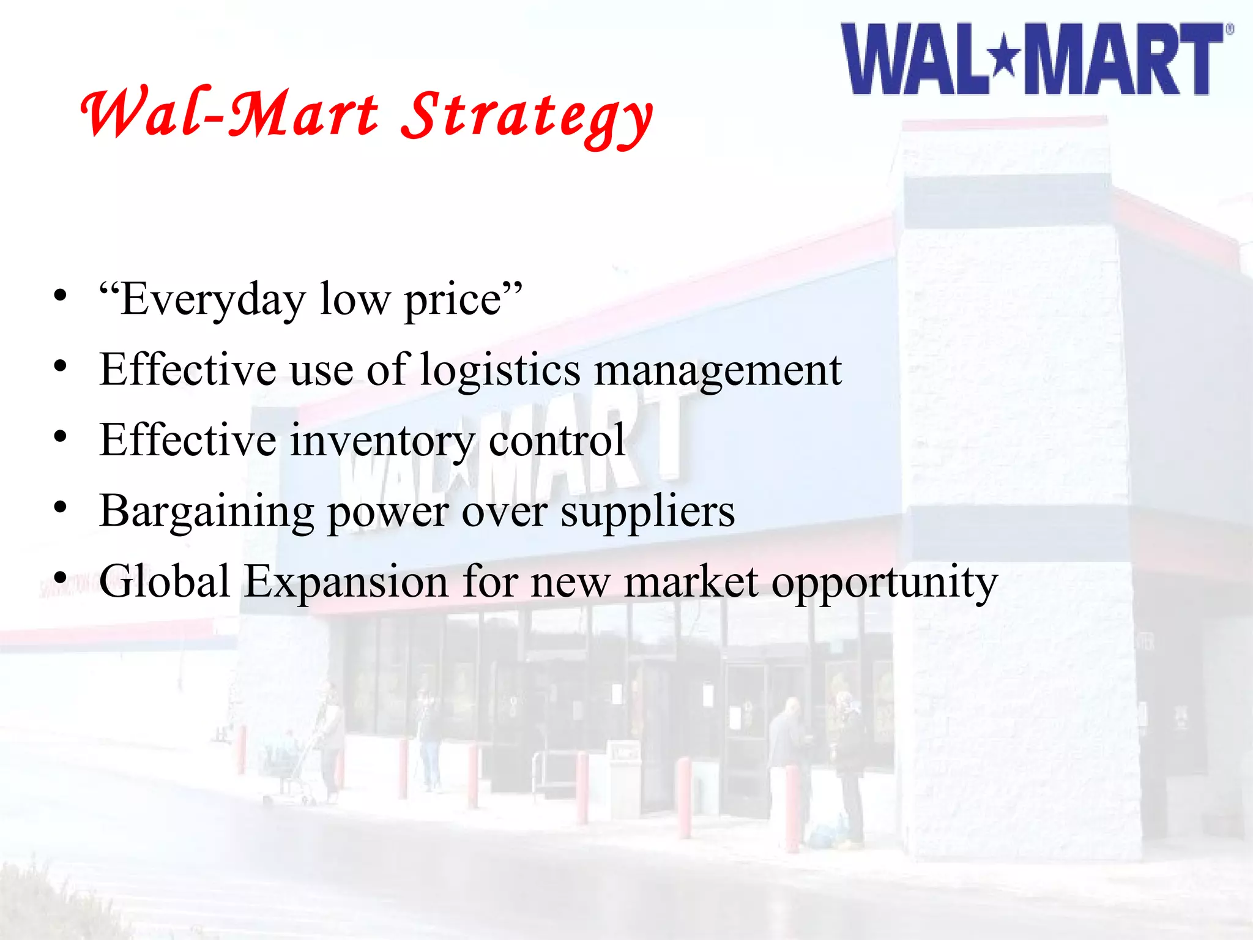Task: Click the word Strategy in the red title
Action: [x=527, y=116]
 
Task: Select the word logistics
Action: [x=500, y=371]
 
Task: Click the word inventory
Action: [x=382, y=441]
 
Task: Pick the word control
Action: [x=557, y=441]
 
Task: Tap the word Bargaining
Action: [x=206, y=512]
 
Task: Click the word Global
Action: [x=165, y=581]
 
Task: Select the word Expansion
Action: [x=346, y=581]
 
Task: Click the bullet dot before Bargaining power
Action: [x=59, y=507]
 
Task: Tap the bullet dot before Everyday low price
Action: [x=59, y=296]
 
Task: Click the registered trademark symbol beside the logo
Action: [x=1229, y=29]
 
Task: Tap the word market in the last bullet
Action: [x=691, y=581]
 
